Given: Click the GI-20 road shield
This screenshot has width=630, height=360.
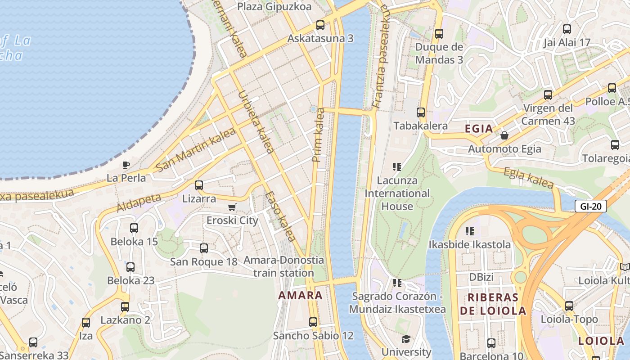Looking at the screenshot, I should click(x=591, y=207).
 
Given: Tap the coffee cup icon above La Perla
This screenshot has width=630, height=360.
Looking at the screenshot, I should click(x=126, y=165).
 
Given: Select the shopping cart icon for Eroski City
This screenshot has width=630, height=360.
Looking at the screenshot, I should click(x=232, y=207).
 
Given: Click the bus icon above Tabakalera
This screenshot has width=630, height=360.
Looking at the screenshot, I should click(x=421, y=112).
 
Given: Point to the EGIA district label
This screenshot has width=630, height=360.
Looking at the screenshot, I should click(x=479, y=129).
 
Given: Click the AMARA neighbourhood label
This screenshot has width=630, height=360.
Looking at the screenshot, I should click(x=300, y=296).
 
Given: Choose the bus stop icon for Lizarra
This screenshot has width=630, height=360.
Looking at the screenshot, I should click(x=198, y=185).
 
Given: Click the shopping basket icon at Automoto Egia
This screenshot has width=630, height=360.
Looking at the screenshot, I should click(x=504, y=135).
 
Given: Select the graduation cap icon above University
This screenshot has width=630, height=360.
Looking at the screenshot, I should click(x=406, y=339).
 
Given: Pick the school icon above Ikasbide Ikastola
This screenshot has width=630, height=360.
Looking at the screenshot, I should click(x=470, y=231).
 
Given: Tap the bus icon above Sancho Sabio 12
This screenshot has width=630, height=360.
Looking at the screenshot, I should click(x=313, y=322).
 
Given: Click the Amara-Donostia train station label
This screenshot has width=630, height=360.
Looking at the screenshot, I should click(x=283, y=266).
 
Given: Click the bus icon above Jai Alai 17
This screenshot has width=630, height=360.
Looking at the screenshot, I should click(x=567, y=29).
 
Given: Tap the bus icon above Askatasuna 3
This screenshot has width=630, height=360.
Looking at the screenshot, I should click(x=320, y=25).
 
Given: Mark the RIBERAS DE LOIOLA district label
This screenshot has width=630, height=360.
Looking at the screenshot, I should click(x=493, y=304).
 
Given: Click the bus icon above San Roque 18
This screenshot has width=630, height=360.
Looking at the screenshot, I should click(x=204, y=248).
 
